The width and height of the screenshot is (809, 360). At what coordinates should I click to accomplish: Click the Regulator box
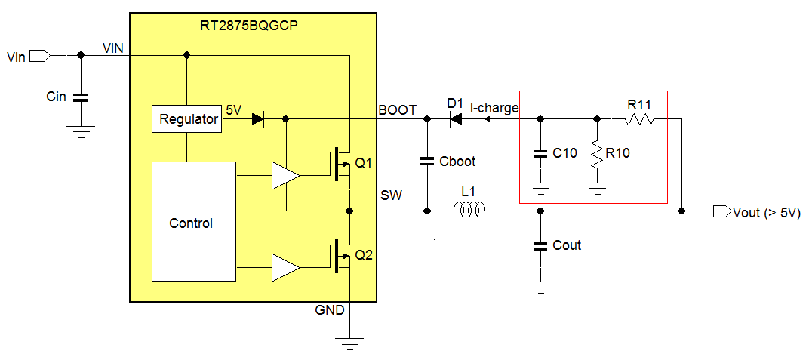[188, 119]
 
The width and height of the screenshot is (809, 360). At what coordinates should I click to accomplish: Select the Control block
[191, 223]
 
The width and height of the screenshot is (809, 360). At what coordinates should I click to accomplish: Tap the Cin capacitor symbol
[81, 97]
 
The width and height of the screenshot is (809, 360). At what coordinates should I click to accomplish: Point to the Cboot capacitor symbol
[428, 161]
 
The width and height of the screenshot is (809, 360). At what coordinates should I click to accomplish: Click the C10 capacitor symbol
[540, 154]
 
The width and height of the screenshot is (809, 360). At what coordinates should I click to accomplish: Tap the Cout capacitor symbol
[540, 245]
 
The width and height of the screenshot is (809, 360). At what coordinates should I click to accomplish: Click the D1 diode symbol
[454, 118]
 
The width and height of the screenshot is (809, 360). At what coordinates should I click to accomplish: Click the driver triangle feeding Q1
[285, 176]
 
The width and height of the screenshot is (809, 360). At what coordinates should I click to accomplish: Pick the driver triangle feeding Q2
[285, 267]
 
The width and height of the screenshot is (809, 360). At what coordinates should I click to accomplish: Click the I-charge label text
[494, 108]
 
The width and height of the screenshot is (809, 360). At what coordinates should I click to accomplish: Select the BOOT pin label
[397, 110]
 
